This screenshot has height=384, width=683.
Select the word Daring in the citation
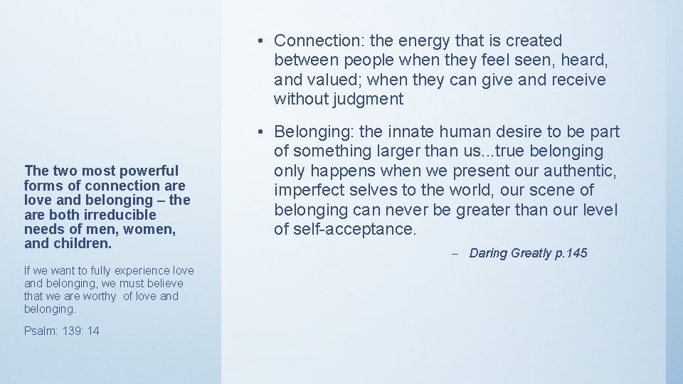(489, 254)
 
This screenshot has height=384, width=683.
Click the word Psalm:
(39, 332)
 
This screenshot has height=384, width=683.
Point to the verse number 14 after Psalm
(93, 332)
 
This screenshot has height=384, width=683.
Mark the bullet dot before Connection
(263, 41)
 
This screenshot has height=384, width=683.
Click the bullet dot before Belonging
(263, 132)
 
